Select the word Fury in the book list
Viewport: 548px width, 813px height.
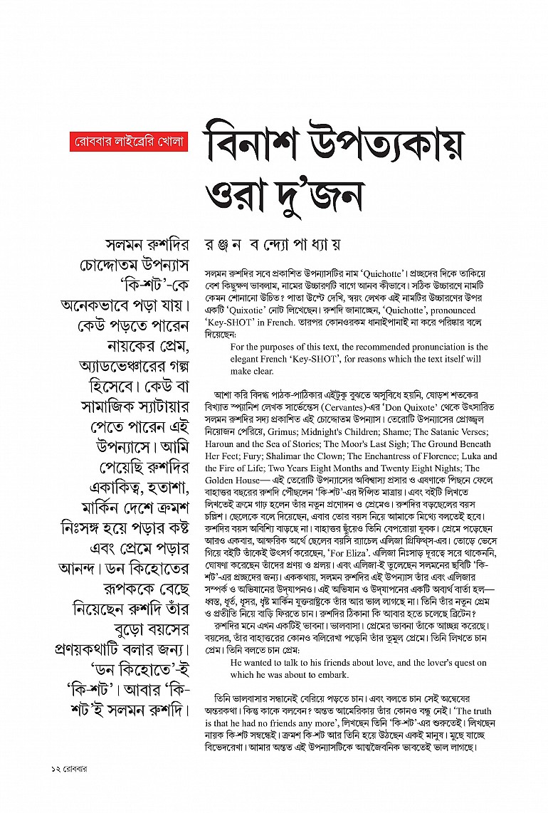point(236,456)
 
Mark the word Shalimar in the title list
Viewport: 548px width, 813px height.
point(278,456)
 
